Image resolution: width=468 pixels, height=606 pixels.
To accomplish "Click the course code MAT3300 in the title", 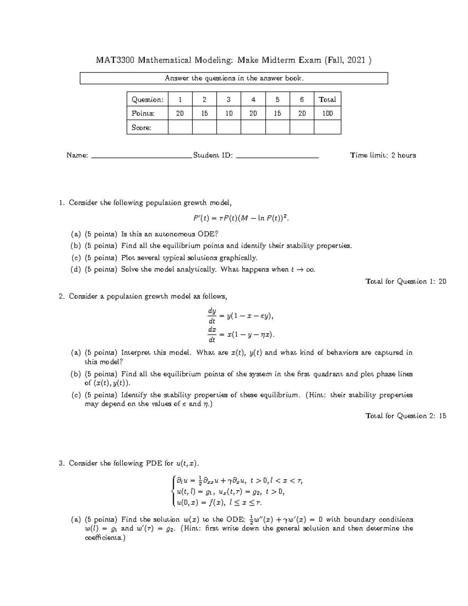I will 115,60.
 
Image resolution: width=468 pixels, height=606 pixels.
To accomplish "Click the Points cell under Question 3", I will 229,114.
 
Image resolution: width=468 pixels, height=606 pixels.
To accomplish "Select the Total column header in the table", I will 327,100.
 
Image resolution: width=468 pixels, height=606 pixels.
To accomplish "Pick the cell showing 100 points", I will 327,114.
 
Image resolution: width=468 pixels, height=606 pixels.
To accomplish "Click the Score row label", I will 142,128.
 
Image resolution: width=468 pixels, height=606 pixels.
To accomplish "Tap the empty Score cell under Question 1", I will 180,127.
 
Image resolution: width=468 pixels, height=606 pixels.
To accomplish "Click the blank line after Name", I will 141,156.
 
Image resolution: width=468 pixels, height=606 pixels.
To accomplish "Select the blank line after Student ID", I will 277,156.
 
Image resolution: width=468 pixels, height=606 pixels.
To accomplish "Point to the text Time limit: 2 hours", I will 383,155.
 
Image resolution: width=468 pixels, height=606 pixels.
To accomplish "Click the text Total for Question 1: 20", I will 406,281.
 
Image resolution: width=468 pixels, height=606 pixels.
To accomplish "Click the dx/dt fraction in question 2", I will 212,334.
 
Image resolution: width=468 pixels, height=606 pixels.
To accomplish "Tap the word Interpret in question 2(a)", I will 135,353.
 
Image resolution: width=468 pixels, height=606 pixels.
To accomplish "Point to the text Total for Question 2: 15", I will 406,416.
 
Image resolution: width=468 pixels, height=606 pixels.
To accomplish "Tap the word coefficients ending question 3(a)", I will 104,538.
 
